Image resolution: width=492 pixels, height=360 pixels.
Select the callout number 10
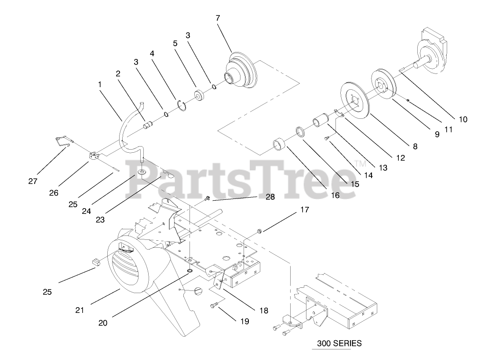pyautogui.click(x=463, y=119)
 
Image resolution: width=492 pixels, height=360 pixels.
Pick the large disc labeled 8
pyautogui.click(x=356, y=100)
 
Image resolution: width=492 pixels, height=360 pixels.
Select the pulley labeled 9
pyautogui.click(x=383, y=84)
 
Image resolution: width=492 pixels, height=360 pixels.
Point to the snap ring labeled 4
pyautogui.click(x=183, y=105)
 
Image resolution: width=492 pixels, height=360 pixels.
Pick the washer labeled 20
pyautogui.click(x=189, y=271)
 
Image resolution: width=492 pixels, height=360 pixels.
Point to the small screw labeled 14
pyautogui.click(x=327, y=139)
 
